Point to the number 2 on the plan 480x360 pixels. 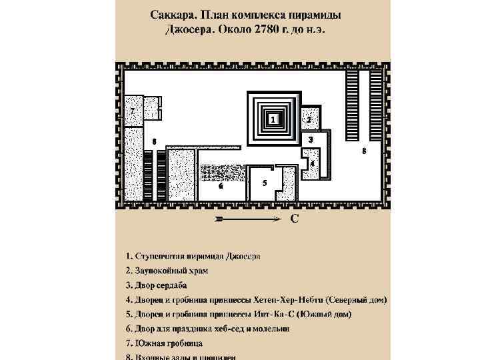point(309,119)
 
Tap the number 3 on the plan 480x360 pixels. point(311,140)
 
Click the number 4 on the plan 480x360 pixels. point(311,163)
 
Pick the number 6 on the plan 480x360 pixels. point(221,187)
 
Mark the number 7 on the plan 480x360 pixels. point(132,110)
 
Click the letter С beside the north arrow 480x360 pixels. point(295,218)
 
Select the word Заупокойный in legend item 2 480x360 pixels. point(159,271)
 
